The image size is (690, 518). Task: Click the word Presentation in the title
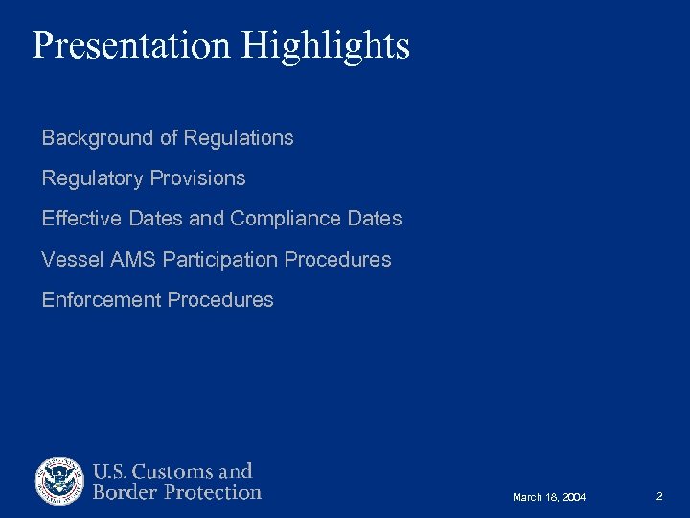pyautogui.click(x=132, y=45)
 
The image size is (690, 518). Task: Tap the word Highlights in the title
pyautogui.click(x=326, y=45)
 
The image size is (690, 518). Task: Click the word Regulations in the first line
pyautogui.click(x=239, y=138)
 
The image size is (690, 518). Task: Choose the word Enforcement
pyautogui.click(x=101, y=299)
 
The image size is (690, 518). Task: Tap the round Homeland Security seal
pyautogui.click(x=59, y=481)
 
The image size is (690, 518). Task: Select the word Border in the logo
pyautogui.click(x=124, y=492)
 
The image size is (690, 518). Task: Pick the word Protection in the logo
pyautogui.click(x=212, y=492)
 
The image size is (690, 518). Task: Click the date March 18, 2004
pyautogui.click(x=549, y=497)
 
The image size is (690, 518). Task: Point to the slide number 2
pyautogui.click(x=659, y=496)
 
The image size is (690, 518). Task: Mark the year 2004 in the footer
pyautogui.click(x=573, y=497)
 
